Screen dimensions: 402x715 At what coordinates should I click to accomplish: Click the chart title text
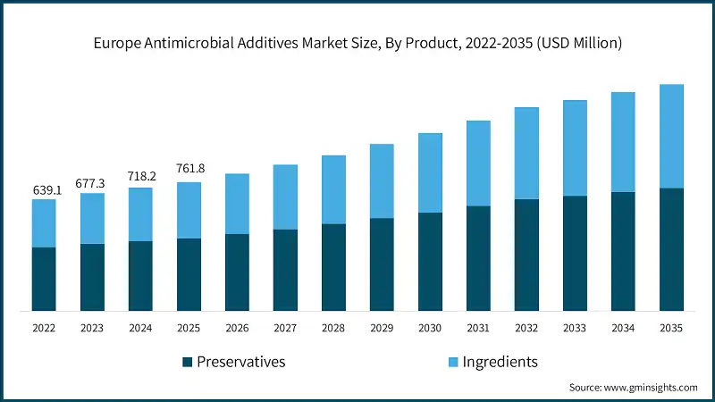point(357,42)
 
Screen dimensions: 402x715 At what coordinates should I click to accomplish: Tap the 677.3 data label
point(92,183)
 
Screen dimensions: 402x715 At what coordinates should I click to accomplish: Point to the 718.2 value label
point(140,177)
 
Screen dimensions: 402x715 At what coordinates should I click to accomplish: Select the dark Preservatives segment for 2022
point(44,279)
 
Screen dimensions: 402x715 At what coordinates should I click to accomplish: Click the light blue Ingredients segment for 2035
point(671,136)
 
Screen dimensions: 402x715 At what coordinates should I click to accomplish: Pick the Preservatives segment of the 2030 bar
point(430,262)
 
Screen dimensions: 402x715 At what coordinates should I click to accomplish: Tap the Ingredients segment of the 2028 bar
point(333,189)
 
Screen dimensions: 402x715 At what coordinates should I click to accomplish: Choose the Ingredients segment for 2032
point(526,153)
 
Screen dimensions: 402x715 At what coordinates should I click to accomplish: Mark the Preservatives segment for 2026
point(237,272)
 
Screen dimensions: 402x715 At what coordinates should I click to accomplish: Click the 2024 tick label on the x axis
point(140,329)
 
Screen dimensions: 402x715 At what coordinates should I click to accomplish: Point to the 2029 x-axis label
point(382,329)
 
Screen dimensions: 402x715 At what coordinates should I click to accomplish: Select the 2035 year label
point(671,329)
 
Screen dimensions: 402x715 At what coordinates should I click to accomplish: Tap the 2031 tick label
point(478,329)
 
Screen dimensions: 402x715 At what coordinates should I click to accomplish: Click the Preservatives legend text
point(241,362)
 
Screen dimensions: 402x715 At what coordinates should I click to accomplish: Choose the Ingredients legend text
point(500,362)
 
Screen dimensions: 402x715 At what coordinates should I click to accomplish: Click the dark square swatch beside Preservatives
point(187,362)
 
